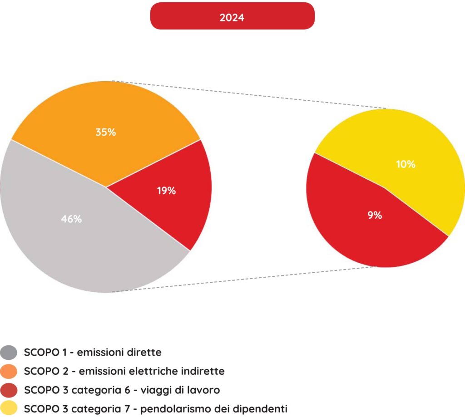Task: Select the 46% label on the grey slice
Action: pos(71,219)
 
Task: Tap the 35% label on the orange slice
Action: pos(105,132)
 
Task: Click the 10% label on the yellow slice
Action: pos(406,164)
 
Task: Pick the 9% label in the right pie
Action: pos(375,216)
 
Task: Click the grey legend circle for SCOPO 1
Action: pos(9,352)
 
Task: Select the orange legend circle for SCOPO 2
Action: pos(9,371)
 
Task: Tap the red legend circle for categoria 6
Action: pos(9,390)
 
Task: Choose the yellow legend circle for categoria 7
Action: pos(9,408)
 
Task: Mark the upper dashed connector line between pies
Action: pos(250,95)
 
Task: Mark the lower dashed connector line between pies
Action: pos(245,279)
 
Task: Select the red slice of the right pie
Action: pos(354,236)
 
